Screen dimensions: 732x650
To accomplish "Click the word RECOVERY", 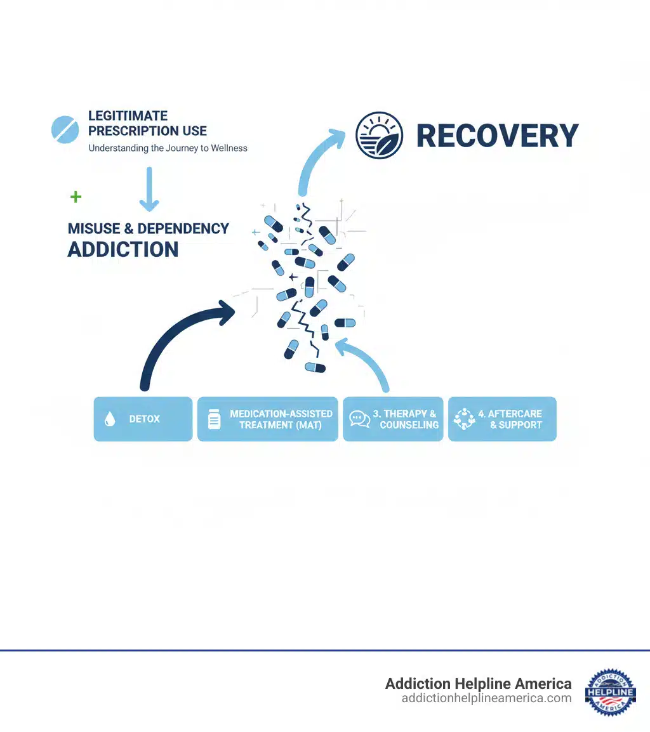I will point(497,136).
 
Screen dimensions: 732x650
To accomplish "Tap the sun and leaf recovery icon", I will point(379,135).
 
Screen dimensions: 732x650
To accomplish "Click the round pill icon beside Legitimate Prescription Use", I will point(65,129).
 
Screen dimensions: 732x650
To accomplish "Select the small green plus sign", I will point(76,197).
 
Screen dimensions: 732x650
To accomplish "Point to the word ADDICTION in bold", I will point(123,249).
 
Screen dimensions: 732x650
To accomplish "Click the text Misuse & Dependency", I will point(149,228).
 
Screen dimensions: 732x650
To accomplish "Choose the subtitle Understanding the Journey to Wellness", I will point(168,148).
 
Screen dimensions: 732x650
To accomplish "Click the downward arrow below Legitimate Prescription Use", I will point(149,189).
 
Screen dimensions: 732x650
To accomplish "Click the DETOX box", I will point(143,419).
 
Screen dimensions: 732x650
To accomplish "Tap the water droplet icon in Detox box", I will point(110,419).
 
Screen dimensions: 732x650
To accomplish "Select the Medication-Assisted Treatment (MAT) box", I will point(267,419).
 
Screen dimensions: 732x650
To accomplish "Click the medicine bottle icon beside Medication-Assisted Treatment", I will point(215,419).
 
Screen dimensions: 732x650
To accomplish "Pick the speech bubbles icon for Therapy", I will point(360,419).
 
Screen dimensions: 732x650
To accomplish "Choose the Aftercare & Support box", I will point(502,419).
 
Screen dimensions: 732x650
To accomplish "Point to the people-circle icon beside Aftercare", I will point(465,419).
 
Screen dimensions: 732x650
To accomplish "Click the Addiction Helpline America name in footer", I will point(478,684).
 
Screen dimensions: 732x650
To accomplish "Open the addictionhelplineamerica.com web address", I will point(486,698).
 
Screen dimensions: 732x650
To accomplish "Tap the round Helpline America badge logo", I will point(611,692).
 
